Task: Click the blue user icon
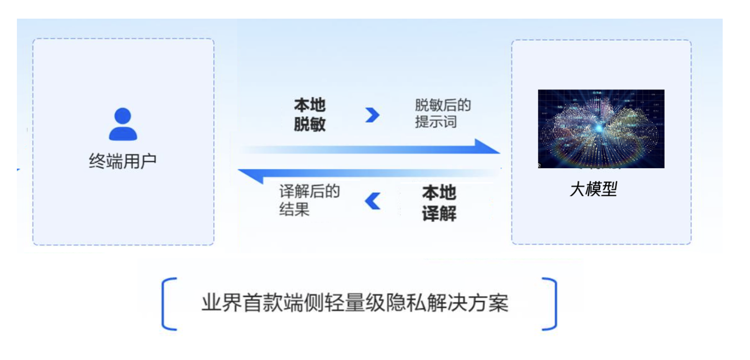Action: pos(123,124)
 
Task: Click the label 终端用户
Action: pos(123,161)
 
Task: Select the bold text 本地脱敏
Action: pos(310,114)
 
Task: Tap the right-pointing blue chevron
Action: pos(372,115)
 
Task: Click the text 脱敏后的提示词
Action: pos(443,113)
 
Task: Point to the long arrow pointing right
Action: pos(370,147)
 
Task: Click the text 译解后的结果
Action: pos(309,200)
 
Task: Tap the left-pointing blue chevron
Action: pos(373,201)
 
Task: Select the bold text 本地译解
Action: pos(439,203)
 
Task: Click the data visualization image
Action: pos(601,129)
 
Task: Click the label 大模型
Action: pos(593,189)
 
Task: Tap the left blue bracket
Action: pos(169,304)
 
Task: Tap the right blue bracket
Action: pos(549,304)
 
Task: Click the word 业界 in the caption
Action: pos(222,303)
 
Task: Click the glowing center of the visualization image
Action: pos(599,127)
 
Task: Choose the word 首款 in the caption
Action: pos(263,303)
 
